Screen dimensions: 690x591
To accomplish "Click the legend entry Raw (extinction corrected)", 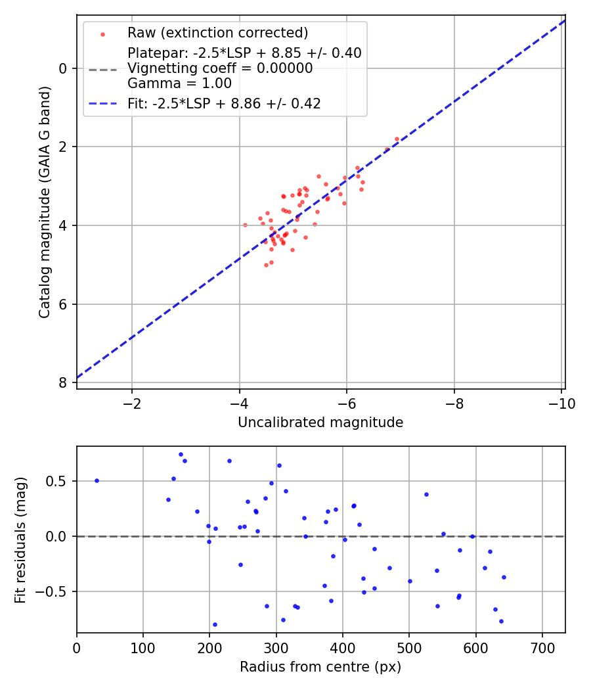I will pos(217,33).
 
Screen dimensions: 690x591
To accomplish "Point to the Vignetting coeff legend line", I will pos(220,68).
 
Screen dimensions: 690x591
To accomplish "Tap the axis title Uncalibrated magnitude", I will pos(320,423).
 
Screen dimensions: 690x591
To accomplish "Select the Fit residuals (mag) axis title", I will pos(21,540).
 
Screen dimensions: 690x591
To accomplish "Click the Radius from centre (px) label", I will pos(320,668).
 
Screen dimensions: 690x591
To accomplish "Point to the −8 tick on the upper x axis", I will pos(454,403).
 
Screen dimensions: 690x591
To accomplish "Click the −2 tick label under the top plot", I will pos(132,403).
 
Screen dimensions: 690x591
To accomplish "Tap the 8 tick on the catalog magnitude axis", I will pos(62,382).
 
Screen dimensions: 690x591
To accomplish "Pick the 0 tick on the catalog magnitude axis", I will pos(62,68).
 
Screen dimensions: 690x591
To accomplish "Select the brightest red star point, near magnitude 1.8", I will pos(397,139).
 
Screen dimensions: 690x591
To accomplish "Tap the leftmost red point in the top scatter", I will pos(245,225).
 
